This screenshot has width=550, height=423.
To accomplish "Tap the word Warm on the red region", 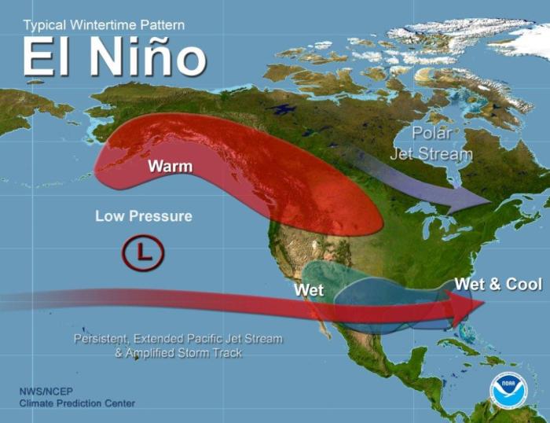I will (x=170, y=167).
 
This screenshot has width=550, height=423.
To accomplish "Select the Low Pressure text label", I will (x=143, y=215).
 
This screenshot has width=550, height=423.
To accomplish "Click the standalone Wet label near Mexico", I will (x=309, y=291).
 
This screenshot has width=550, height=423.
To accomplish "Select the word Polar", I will (x=431, y=133).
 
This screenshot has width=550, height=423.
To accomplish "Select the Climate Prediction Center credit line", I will (x=77, y=403).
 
